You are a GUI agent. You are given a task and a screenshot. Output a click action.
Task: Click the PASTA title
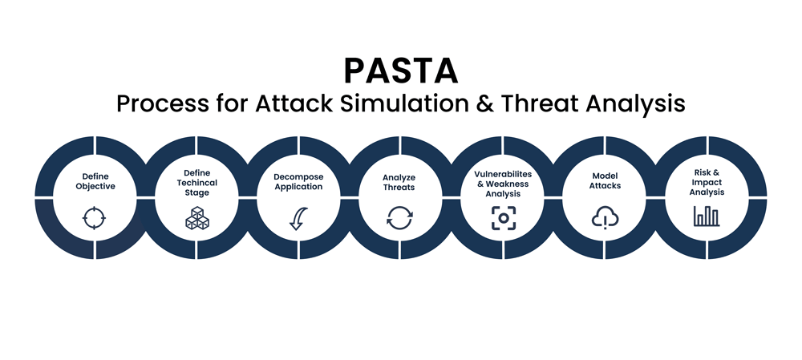400,71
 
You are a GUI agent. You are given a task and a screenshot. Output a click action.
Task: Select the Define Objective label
95,182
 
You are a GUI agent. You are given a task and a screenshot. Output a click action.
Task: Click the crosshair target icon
94,218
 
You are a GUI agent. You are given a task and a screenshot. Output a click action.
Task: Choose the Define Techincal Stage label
197,183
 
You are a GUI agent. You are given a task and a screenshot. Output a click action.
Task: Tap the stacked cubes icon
197,218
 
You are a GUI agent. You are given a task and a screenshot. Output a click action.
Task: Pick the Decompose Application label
298,182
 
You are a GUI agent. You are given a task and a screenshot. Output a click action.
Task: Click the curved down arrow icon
298,218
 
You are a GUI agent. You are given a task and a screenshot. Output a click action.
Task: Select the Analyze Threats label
399,183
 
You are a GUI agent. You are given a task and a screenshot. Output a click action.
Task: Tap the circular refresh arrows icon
399,218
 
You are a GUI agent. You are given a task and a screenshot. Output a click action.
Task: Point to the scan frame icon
504,218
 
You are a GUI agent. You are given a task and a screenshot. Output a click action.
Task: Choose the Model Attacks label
605,181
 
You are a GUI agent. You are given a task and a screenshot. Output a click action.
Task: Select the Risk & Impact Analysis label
707,183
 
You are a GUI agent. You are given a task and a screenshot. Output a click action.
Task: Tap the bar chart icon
707,216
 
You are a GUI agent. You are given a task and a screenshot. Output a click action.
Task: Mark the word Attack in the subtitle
294,103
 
